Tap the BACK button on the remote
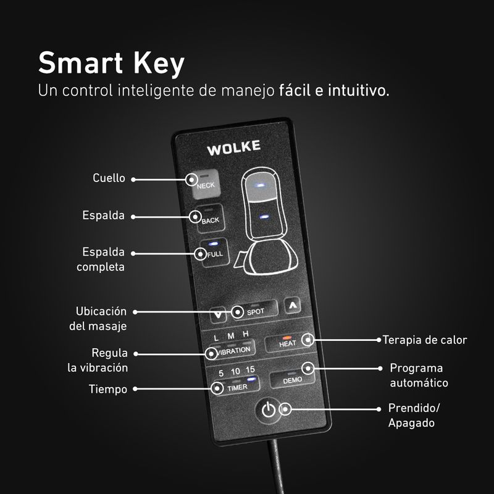[x=211, y=219]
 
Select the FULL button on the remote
[x=215, y=253]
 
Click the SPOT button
[x=255, y=311]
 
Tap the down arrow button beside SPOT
[x=218, y=315]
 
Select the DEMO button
[x=292, y=379]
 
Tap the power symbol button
[x=269, y=409]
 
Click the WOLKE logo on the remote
[x=234, y=148]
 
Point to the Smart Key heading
[x=111, y=64]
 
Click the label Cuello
[x=109, y=178]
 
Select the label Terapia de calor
[x=425, y=340]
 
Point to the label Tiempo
[x=107, y=389]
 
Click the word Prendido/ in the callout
[x=414, y=408]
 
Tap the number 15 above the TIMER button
[x=250, y=369]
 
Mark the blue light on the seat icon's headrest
[x=260, y=185]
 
